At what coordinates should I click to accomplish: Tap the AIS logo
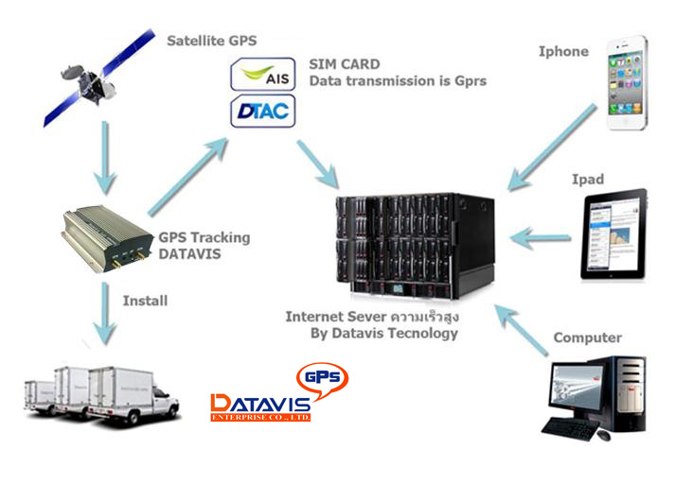[x=263, y=75]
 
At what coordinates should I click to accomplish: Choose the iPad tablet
[x=613, y=234]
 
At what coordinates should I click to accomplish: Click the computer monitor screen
[x=575, y=389]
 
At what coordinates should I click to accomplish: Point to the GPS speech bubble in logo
[x=320, y=377]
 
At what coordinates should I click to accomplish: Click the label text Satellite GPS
[x=211, y=41]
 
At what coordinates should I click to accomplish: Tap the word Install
[x=145, y=301]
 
